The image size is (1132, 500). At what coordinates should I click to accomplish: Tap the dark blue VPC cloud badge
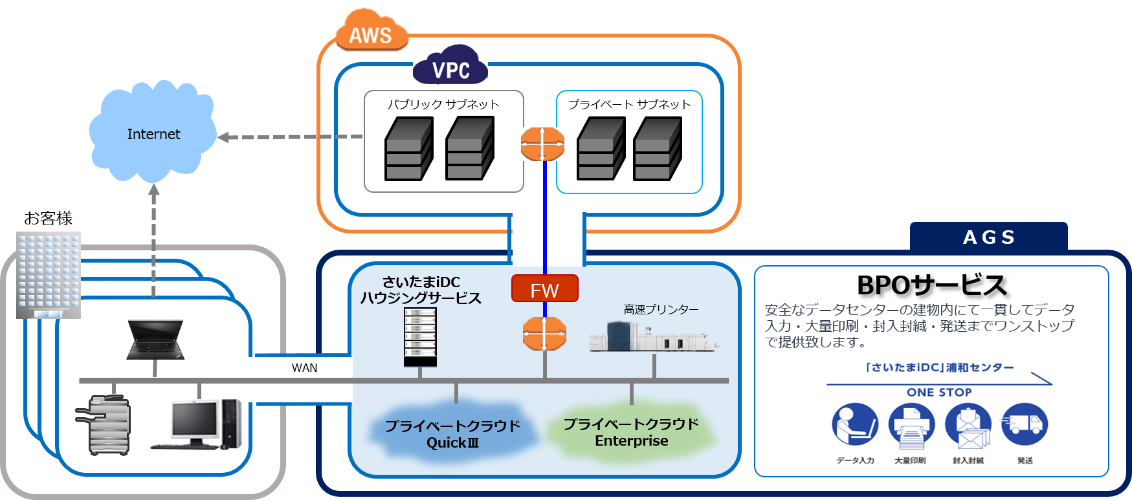click(450, 67)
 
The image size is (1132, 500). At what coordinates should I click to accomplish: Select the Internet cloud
click(153, 134)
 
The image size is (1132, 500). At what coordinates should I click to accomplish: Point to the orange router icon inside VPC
click(542, 144)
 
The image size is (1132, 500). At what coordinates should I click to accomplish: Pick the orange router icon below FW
click(544, 334)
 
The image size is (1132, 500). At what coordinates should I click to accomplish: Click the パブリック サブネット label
click(443, 104)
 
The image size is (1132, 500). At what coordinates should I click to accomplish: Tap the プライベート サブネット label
click(629, 104)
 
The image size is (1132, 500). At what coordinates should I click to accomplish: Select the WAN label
click(304, 367)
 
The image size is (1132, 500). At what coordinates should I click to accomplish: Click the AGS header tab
click(988, 237)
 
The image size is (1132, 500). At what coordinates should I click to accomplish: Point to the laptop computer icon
click(155, 340)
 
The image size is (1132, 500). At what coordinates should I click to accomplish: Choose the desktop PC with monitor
click(197, 424)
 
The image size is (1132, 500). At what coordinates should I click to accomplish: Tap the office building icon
click(49, 275)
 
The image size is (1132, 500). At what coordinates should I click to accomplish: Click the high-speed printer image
click(654, 336)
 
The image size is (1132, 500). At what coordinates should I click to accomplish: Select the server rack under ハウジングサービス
click(420, 336)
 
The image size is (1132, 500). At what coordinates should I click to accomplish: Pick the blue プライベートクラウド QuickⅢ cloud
click(452, 432)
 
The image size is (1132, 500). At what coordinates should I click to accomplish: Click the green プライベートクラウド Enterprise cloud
click(631, 431)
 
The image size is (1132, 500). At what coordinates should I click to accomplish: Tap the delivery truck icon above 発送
click(1024, 424)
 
